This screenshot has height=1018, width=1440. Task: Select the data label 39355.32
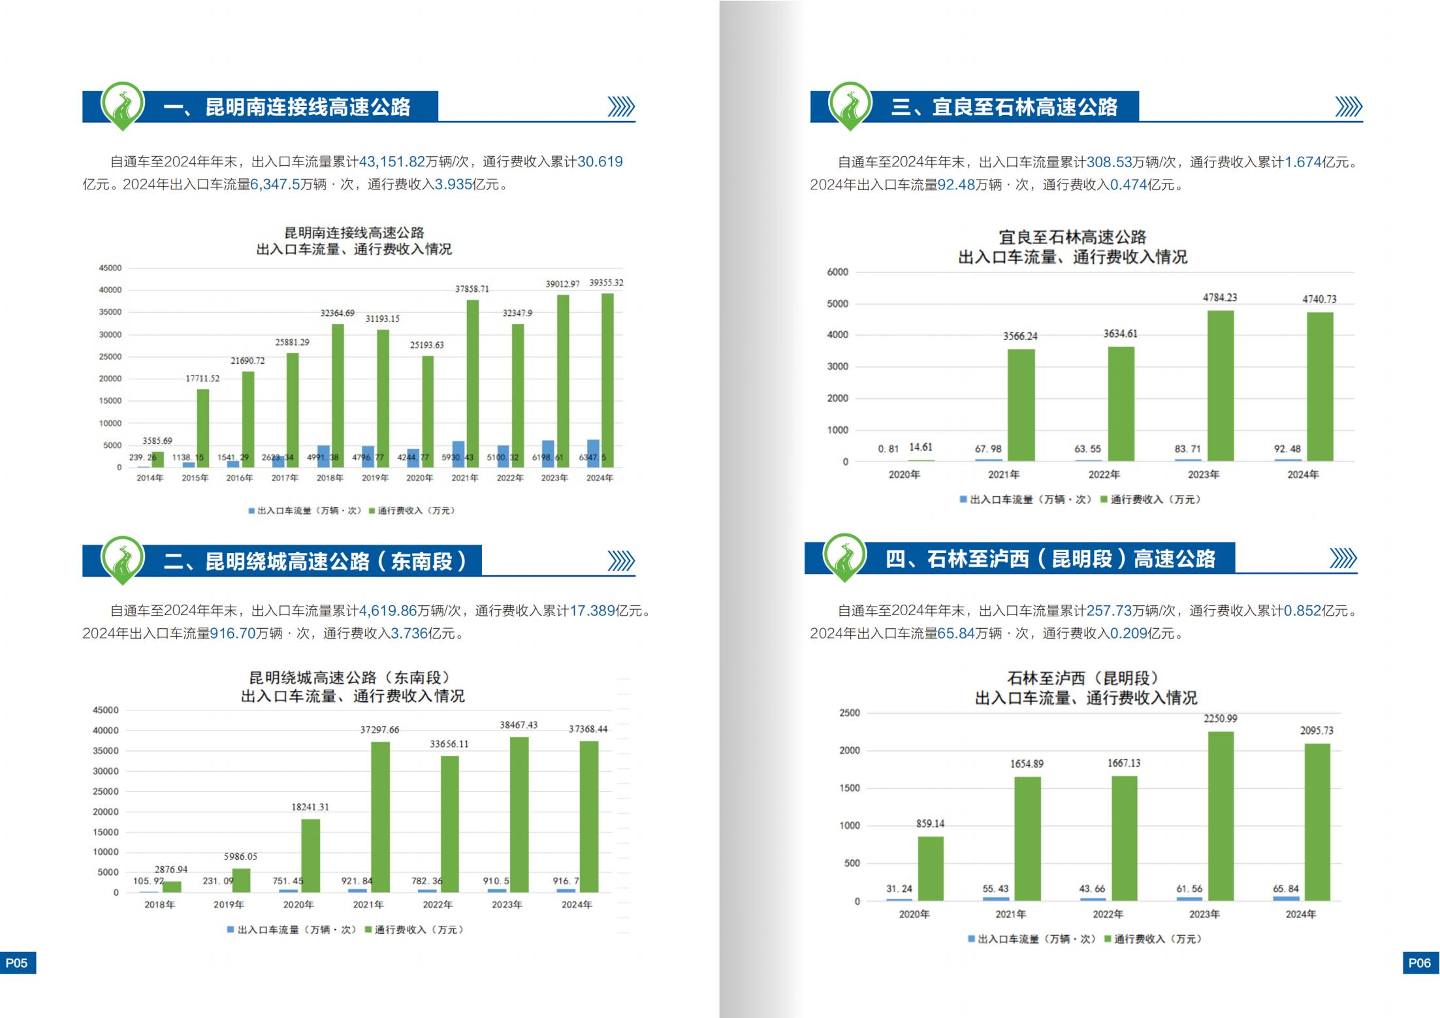click(606, 283)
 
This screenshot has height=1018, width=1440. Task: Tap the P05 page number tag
click(17, 962)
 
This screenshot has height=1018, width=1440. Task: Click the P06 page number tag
click(1420, 962)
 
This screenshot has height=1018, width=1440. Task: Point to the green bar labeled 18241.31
click(311, 855)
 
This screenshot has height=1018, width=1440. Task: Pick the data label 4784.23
click(1220, 298)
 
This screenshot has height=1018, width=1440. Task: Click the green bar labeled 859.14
click(931, 868)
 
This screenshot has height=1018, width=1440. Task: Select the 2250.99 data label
click(1220, 719)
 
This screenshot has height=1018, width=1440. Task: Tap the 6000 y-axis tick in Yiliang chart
click(837, 272)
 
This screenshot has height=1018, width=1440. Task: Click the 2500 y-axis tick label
click(849, 713)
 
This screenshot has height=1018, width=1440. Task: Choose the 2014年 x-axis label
click(150, 478)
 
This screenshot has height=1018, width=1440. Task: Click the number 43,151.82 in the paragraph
click(392, 162)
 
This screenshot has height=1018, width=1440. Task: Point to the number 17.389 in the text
click(592, 611)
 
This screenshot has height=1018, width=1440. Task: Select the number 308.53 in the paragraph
click(1109, 162)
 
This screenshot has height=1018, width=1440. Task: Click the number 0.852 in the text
click(1302, 611)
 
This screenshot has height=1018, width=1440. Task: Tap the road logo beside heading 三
click(850, 104)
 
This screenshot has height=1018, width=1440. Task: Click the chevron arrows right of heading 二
click(620, 561)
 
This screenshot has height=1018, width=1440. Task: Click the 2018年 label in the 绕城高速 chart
click(159, 905)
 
